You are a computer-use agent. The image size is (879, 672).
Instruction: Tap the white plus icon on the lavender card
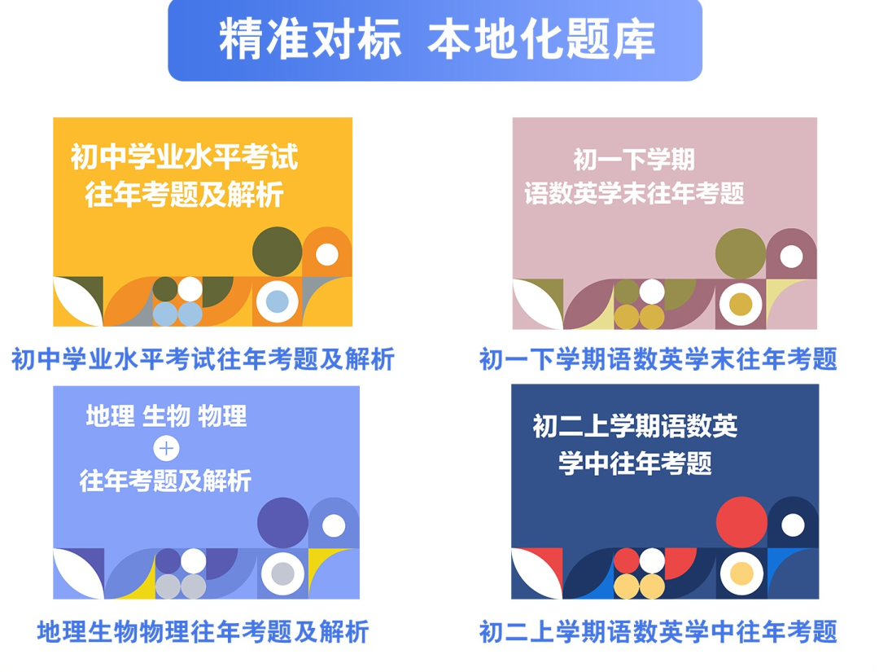(167, 449)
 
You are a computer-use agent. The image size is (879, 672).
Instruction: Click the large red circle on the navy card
(741, 521)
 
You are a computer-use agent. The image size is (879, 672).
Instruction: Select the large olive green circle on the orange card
(278, 252)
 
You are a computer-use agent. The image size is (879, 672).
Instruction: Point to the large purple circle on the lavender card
(282, 523)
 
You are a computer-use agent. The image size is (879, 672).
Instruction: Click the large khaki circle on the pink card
(741, 253)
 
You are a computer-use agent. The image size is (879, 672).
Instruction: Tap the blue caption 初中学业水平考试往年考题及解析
(203, 359)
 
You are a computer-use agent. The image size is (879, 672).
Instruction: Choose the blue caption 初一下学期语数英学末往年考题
(658, 359)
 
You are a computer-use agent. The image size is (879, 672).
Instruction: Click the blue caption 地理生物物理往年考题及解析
(203, 632)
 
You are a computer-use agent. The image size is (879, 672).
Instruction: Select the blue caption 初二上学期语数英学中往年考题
(658, 632)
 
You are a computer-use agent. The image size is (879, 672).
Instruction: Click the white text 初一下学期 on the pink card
(634, 160)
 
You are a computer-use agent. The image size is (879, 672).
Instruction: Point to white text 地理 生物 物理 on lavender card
(167, 416)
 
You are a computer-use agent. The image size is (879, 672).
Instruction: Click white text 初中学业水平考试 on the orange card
(185, 156)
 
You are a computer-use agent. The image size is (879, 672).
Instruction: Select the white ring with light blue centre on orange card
(277, 301)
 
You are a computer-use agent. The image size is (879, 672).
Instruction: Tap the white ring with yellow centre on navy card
(741, 573)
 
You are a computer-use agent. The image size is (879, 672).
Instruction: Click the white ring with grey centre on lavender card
(282, 573)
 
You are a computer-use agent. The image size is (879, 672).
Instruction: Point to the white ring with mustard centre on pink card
(741, 305)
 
